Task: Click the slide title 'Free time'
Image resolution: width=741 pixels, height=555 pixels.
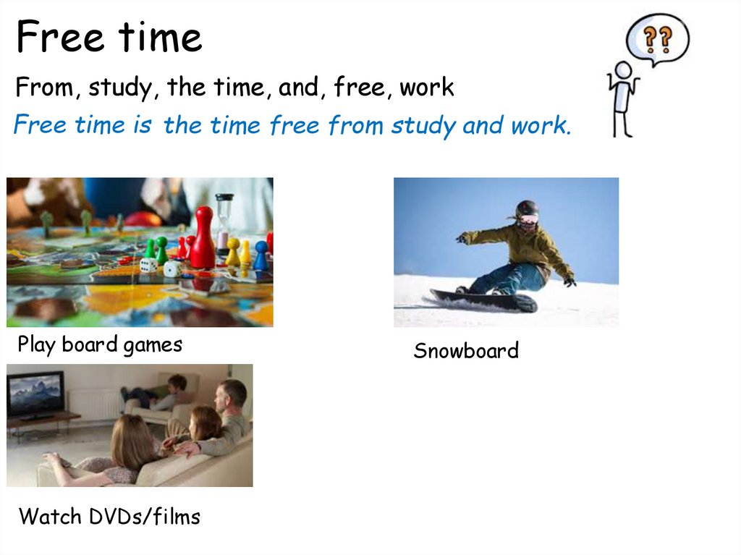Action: tap(109, 38)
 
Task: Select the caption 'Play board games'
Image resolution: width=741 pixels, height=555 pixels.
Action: tap(100, 344)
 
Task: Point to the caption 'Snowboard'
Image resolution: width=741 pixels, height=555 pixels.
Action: tap(466, 351)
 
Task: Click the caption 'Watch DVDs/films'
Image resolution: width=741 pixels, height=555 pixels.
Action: tap(109, 517)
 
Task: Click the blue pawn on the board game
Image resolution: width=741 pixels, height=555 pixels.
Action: tap(261, 255)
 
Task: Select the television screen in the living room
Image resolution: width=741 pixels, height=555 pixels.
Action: tap(35, 393)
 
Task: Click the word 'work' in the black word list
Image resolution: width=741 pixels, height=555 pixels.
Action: tap(427, 88)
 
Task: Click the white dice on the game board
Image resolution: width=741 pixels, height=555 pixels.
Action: tap(172, 268)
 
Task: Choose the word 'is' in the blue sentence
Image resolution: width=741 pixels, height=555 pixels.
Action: tap(142, 126)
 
